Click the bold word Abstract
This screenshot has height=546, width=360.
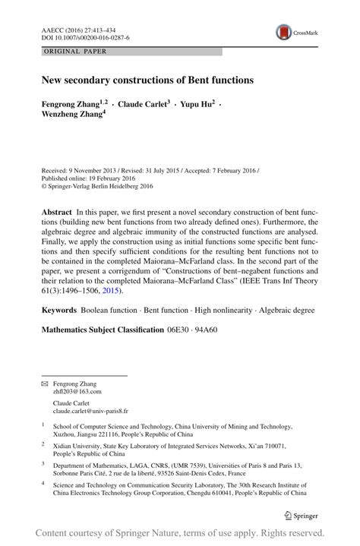click(x=56, y=210)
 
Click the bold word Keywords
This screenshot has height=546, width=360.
click(x=59, y=310)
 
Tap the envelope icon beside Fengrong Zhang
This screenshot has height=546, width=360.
click(x=44, y=385)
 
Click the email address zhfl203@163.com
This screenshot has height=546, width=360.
click(x=78, y=393)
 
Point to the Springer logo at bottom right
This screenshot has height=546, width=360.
click(x=299, y=515)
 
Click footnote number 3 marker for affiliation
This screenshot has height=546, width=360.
click(x=43, y=463)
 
